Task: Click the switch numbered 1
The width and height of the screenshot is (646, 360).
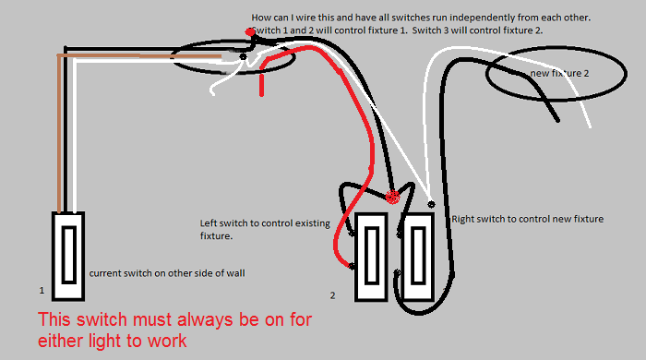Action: [x=68, y=257]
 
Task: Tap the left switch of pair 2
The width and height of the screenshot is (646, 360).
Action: [x=371, y=257]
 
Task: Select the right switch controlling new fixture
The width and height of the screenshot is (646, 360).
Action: [x=418, y=257]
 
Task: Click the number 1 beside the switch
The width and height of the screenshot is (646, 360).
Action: [x=42, y=291]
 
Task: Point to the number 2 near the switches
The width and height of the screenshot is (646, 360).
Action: [x=332, y=295]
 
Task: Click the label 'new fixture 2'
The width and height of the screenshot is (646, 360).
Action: [x=559, y=73]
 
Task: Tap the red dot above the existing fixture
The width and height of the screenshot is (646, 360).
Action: [x=250, y=31]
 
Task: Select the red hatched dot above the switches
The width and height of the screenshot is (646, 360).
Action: [x=392, y=197]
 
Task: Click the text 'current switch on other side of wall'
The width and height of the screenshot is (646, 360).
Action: [x=167, y=273]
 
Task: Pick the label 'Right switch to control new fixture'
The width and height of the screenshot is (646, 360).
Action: [x=527, y=219]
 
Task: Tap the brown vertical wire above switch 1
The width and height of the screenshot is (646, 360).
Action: [x=60, y=134]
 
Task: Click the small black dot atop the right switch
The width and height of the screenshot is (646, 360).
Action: [x=431, y=204]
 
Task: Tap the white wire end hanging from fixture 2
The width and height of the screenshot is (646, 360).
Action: [x=589, y=125]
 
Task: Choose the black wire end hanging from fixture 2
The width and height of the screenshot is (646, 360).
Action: [x=557, y=119]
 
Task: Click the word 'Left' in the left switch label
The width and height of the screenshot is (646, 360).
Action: [x=208, y=223]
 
